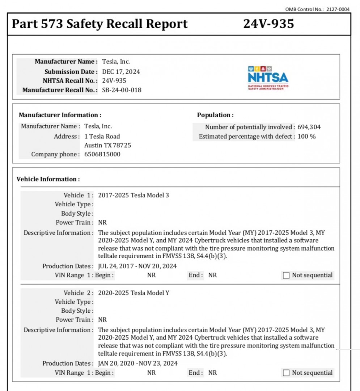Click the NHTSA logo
click(x=268, y=77)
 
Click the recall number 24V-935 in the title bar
click(x=268, y=24)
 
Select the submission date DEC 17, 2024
click(x=121, y=72)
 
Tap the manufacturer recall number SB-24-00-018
click(x=122, y=90)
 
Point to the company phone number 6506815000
click(x=102, y=154)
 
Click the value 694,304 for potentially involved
click(x=309, y=127)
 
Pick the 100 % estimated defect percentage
click(x=307, y=136)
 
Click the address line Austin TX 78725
click(x=107, y=145)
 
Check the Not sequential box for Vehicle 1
click(x=286, y=276)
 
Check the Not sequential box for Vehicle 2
click(x=286, y=373)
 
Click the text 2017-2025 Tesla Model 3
click(x=134, y=195)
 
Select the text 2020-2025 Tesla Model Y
click(x=134, y=293)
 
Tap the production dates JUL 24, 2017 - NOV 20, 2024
click(x=137, y=266)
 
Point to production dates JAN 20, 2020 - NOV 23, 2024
click(x=138, y=363)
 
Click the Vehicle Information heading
click(x=48, y=179)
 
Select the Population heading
click(x=215, y=115)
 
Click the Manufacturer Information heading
click(x=60, y=115)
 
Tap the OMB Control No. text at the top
click(x=317, y=9)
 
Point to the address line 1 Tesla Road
click(x=102, y=136)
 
